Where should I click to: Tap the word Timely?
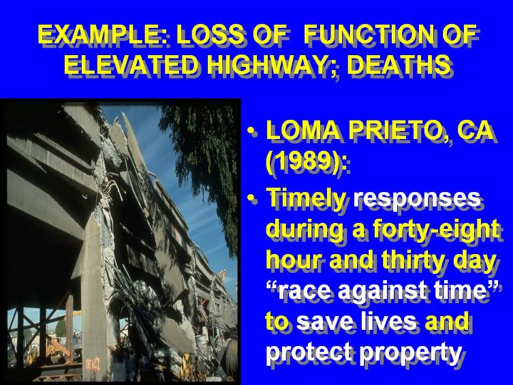[x=306, y=200]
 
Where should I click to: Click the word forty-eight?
[x=435, y=230]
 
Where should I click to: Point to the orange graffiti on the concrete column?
[x=93, y=364]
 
